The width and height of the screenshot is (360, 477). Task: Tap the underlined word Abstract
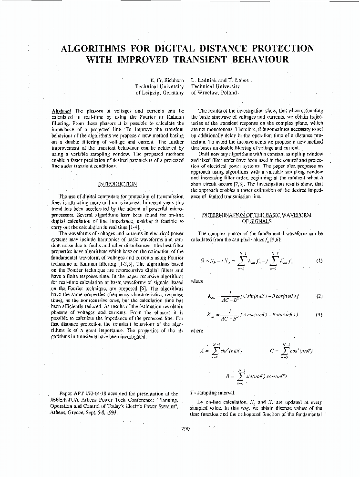(61, 111)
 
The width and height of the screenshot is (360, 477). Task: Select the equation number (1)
(319, 261)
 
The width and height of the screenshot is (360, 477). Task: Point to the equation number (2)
(319, 296)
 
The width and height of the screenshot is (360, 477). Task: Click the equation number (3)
(319, 314)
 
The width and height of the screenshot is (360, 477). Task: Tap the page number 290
(185, 428)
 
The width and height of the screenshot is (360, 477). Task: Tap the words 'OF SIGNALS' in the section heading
(257, 221)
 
